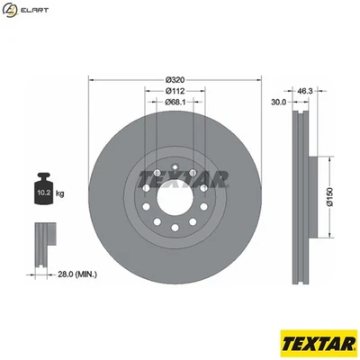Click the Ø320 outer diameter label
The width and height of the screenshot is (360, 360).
tap(175, 78)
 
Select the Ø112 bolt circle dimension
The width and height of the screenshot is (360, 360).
tap(175, 91)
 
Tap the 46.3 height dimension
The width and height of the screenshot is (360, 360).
tap(304, 91)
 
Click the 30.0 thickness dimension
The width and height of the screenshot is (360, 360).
tap(278, 103)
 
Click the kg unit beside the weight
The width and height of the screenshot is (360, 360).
tap(59, 192)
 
